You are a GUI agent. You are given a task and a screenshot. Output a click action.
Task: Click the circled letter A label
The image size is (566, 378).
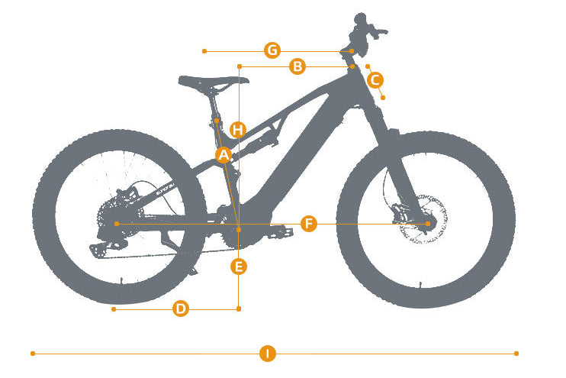click(x=224, y=155)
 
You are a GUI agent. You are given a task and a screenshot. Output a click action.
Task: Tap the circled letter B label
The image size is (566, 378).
click(x=297, y=66)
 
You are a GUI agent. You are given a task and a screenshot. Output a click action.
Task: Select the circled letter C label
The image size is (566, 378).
click(x=375, y=80)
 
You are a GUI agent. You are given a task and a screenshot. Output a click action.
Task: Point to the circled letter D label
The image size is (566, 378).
click(x=181, y=309)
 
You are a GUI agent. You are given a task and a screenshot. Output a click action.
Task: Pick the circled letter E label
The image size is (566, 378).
click(x=239, y=267)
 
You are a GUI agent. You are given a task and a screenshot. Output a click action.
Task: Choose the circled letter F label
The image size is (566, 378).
click(x=309, y=224)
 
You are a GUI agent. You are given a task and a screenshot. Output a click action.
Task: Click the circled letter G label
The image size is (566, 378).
click(x=272, y=50)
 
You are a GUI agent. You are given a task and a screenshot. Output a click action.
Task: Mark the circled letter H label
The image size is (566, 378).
click(x=238, y=129)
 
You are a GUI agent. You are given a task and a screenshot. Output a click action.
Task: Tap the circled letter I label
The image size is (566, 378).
click(x=268, y=353)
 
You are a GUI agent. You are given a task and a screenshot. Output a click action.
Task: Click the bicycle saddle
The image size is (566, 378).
click(x=213, y=82)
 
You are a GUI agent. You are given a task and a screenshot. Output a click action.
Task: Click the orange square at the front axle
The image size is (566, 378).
click(x=428, y=224)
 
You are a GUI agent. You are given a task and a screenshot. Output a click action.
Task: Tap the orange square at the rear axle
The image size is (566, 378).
click(x=117, y=224)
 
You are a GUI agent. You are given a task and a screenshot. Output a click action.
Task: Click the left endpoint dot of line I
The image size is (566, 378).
click(x=33, y=354)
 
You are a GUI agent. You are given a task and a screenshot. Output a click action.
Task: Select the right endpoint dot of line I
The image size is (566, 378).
click(x=516, y=354)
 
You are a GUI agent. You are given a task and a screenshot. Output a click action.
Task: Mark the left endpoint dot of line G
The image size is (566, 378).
click(x=204, y=51)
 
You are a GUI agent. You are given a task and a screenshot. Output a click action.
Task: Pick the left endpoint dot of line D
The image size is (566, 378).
click(x=114, y=309)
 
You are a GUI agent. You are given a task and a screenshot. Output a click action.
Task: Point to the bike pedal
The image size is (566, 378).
click(x=280, y=231)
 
